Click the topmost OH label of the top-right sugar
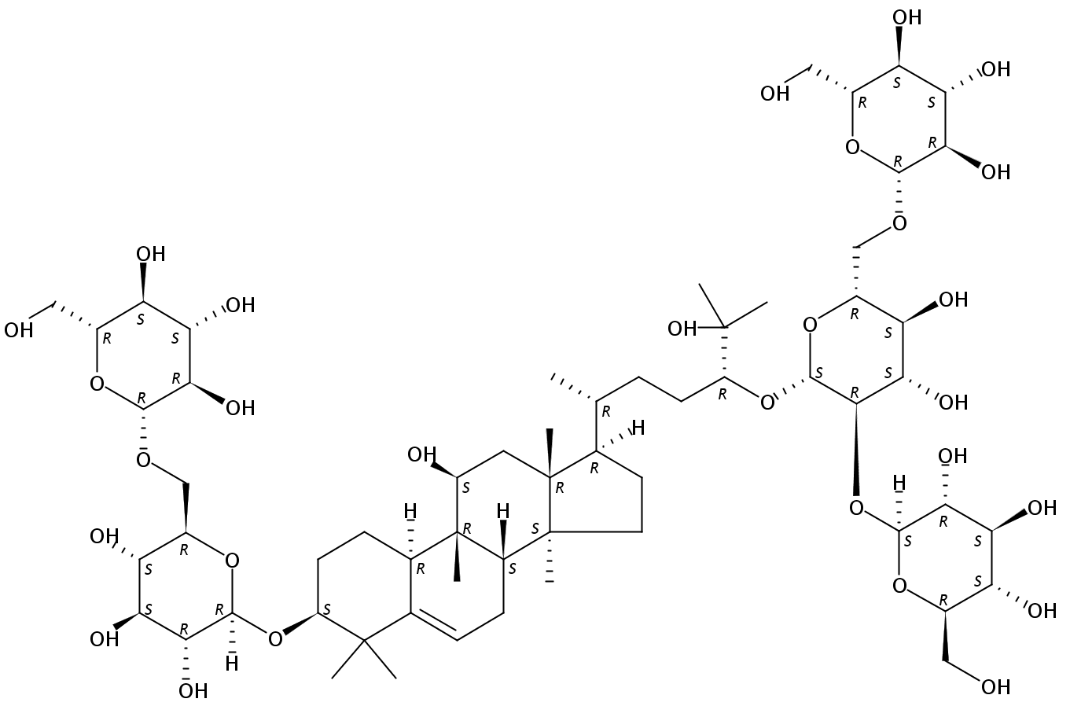click(x=906, y=17)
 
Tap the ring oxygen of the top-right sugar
click(x=853, y=147)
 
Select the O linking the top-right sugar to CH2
click(x=899, y=223)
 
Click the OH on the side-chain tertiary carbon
click(x=682, y=329)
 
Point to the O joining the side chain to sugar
click(x=767, y=402)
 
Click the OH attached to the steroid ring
click(x=421, y=454)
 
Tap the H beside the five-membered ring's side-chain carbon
click(x=638, y=428)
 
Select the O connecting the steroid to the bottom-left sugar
click(x=275, y=639)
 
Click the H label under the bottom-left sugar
click(x=232, y=664)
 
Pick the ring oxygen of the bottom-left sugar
click(x=232, y=561)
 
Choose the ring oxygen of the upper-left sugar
click(x=97, y=384)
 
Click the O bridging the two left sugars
click(x=143, y=460)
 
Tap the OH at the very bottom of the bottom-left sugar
click(x=193, y=691)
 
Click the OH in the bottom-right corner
click(x=995, y=686)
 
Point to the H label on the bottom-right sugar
click(x=899, y=482)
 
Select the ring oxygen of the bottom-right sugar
click(x=899, y=586)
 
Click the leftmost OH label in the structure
click(x=19, y=330)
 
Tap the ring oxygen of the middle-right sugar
click(x=810, y=325)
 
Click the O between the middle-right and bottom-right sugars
click(x=856, y=508)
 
